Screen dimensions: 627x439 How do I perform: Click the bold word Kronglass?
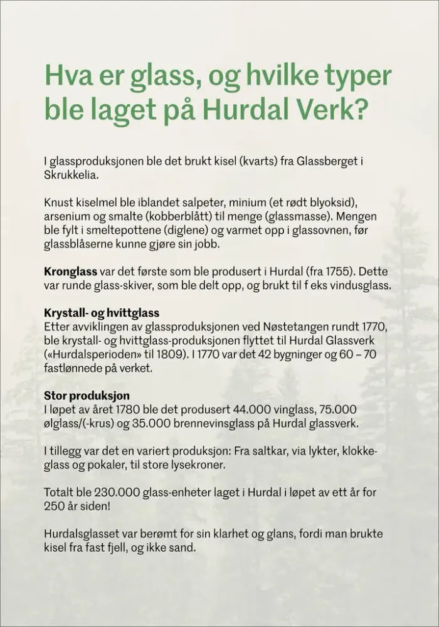tap(70, 273)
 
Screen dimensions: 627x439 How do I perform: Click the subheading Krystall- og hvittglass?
tap(102, 313)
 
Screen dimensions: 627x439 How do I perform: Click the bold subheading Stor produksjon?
tap(87, 396)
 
